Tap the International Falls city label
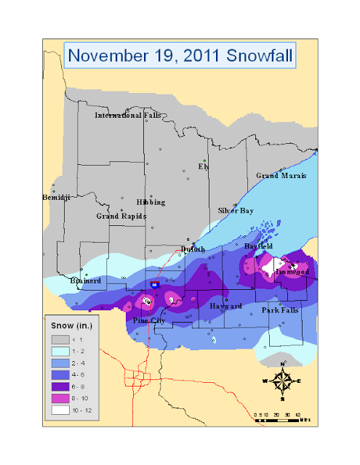click(x=128, y=116)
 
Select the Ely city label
click(x=204, y=166)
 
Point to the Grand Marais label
click(x=281, y=176)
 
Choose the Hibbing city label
click(x=151, y=202)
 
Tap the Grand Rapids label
click(x=121, y=216)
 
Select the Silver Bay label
click(x=236, y=211)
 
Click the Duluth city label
click(x=193, y=249)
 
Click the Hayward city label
click(x=225, y=307)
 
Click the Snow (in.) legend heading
click(x=71, y=325)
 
